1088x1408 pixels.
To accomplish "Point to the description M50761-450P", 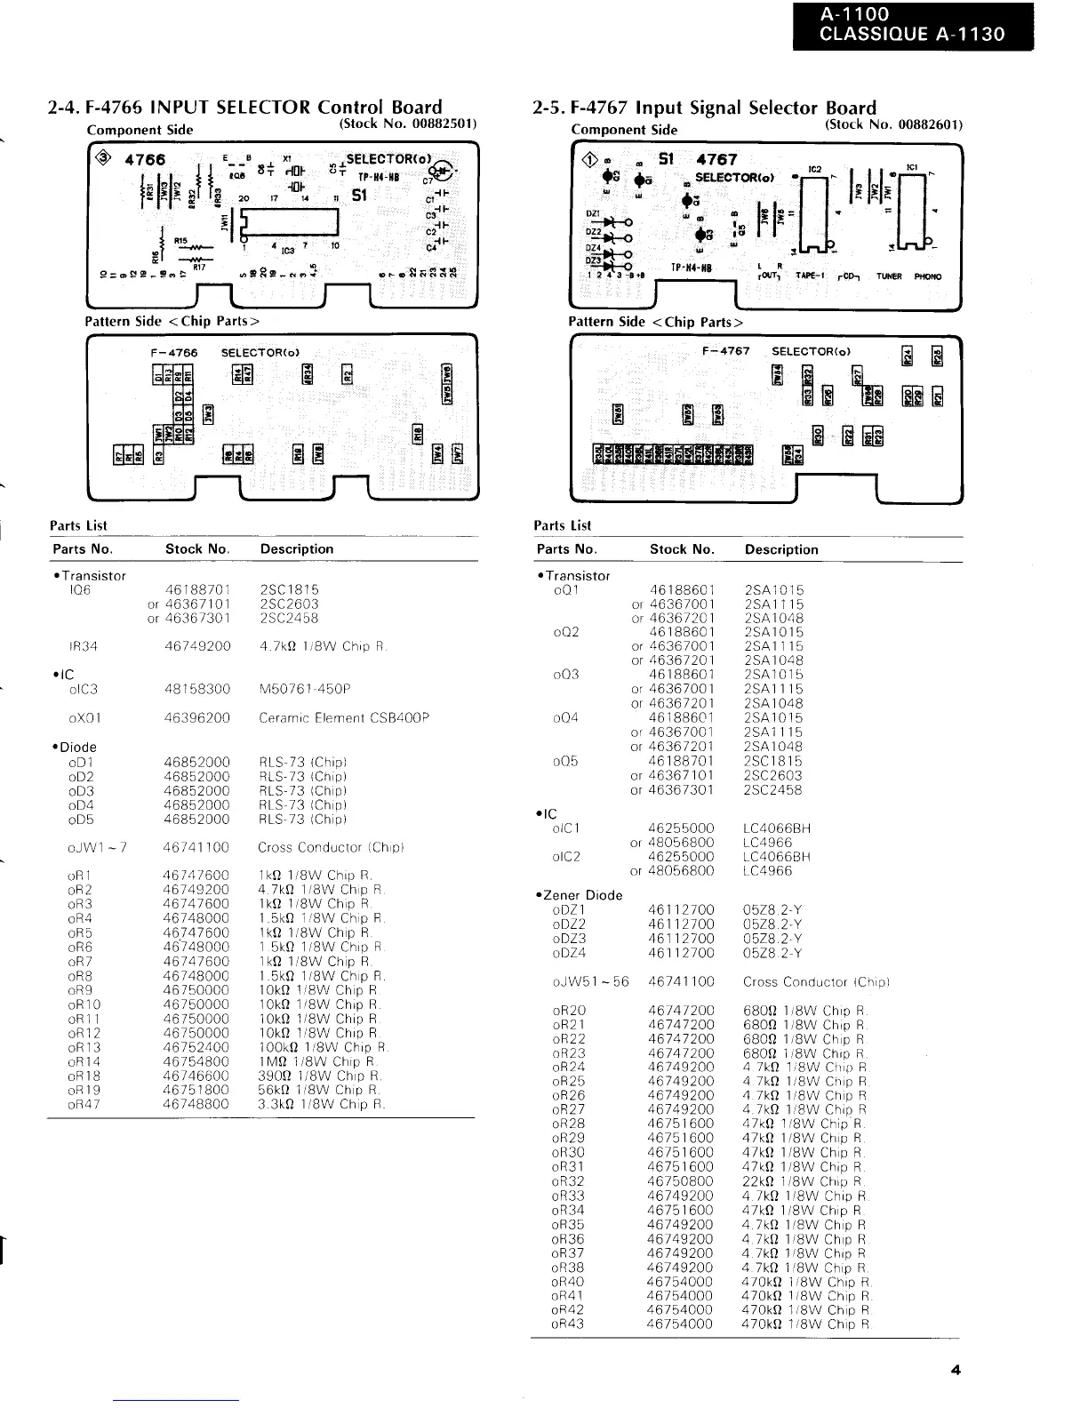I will tap(305, 689).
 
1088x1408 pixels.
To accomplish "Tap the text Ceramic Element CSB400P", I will tap(344, 717).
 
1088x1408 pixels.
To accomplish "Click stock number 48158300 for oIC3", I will tap(197, 689).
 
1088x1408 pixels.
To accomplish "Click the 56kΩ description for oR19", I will tap(319, 1090).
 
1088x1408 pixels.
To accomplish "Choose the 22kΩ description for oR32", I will tap(804, 1181).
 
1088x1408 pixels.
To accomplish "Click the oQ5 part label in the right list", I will tap(565, 761).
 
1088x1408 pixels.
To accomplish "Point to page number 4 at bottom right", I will tap(956, 1371).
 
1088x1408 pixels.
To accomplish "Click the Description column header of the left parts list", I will tap(297, 548).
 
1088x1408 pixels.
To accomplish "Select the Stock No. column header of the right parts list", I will tap(682, 549).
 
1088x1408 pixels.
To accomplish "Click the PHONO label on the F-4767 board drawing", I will tap(927, 276).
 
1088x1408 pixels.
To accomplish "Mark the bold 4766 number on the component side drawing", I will tap(145, 161).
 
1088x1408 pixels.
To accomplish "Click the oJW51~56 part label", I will tap(590, 981).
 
